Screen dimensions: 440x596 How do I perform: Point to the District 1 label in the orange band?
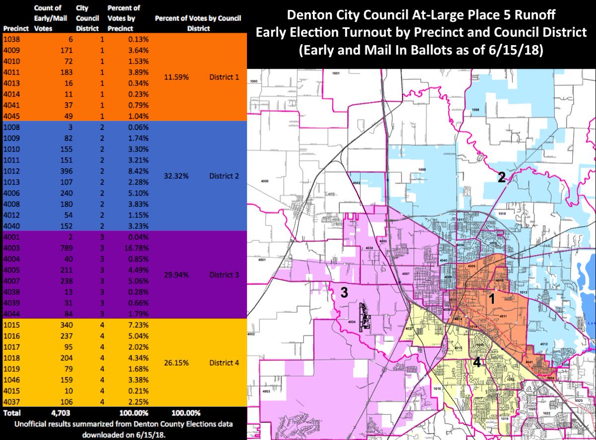224,77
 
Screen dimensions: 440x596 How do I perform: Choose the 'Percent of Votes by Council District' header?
198,23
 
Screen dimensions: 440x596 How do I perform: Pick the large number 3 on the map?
344,293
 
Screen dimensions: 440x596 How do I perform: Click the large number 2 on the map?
502,178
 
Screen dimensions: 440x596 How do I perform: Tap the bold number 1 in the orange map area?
492,298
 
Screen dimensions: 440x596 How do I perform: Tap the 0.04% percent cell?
139,237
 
